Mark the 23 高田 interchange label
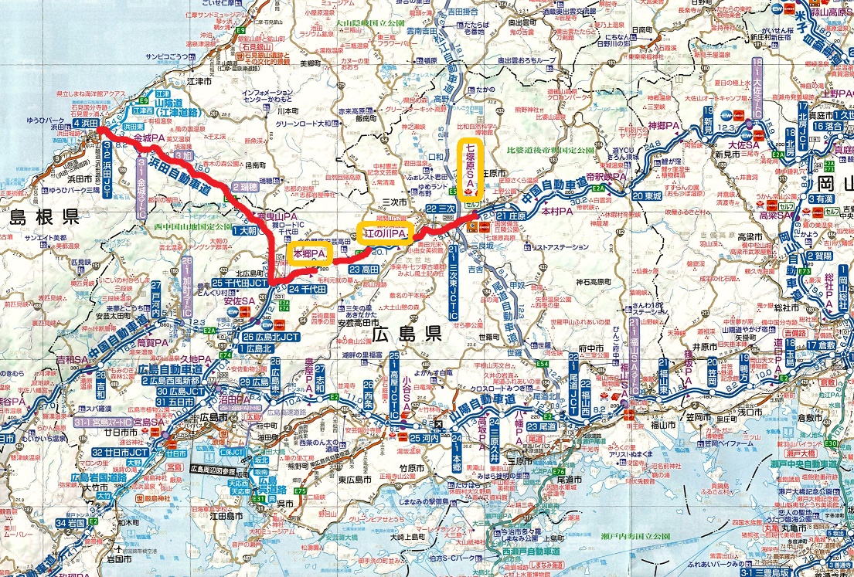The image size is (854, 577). click(x=363, y=270)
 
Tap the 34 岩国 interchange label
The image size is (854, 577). click(x=70, y=523)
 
